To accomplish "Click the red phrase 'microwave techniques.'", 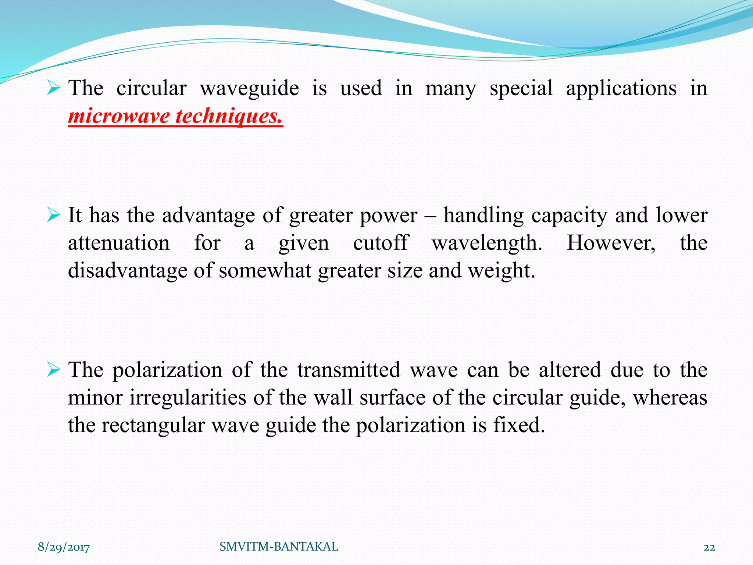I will (175, 116).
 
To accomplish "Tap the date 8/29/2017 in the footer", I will (64, 547).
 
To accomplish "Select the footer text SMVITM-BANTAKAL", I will (279, 547).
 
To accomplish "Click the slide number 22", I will (709, 547).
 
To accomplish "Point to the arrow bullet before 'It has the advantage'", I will (54, 215).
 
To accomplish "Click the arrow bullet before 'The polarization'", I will (54, 370).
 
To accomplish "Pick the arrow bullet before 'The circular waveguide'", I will (54, 88).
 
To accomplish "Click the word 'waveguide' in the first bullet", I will (249, 89).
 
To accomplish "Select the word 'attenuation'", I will (119, 243).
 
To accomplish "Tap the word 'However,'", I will (611, 243).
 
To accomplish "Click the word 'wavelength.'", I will (487, 243).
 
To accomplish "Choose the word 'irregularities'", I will (188, 398).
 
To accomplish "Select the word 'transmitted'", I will (349, 370).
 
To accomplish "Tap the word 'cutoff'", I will (380, 243).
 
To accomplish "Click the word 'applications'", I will (621, 89).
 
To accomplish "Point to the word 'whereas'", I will (670, 398).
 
